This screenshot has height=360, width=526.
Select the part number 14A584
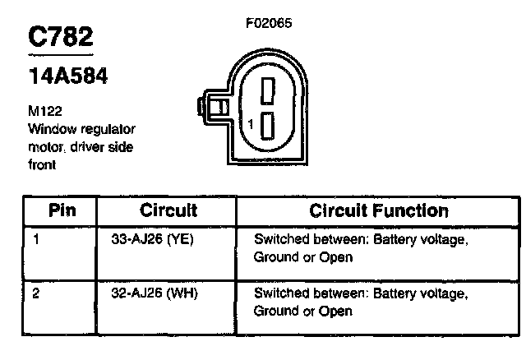click(x=67, y=76)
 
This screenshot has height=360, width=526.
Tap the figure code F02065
click(x=268, y=23)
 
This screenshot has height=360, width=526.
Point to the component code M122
click(x=43, y=113)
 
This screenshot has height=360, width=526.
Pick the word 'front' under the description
click(x=39, y=164)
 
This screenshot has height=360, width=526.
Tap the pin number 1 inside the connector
click(x=250, y=123)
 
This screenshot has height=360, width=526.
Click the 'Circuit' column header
click(x=168, y=210)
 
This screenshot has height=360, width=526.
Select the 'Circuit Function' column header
click(x=379, y=210)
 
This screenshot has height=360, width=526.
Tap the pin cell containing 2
click(x=36, y=293)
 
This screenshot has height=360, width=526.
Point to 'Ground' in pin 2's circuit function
click(x=275, y=311)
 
